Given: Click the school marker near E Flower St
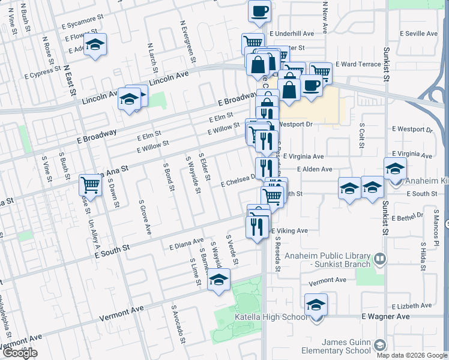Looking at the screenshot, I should tap(95, 46).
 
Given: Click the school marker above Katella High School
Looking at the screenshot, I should tap(316, 304).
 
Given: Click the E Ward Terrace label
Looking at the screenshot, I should tap(358, 64).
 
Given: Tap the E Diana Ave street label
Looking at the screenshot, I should tap(187, 245).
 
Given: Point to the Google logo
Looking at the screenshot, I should tap(20, 353).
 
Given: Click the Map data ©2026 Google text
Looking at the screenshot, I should tap(411, 355).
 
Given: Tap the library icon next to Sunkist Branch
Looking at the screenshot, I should tap(379, 259).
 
